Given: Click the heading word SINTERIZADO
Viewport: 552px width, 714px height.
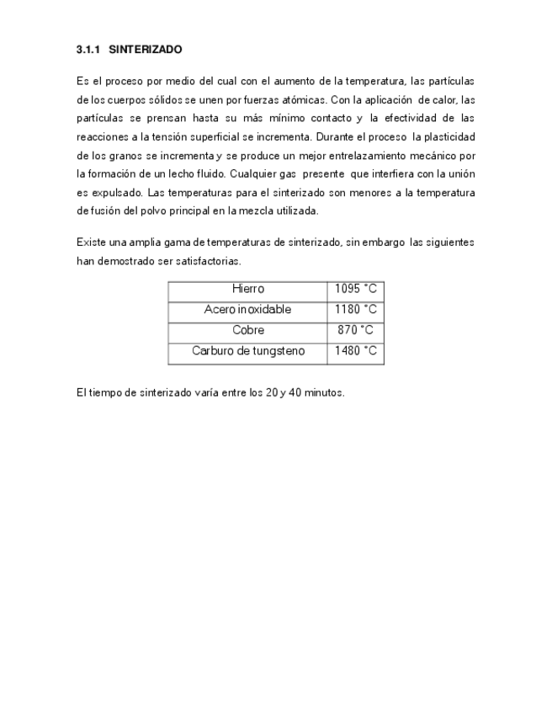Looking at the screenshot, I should click(146, 51).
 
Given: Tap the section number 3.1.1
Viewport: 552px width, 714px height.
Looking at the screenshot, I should click(88, 51).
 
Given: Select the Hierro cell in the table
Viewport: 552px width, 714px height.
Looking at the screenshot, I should click(247, 289).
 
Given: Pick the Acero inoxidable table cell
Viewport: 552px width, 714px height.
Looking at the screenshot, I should click(247, 309).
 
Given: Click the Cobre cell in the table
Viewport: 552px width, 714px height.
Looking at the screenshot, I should click(247, 330).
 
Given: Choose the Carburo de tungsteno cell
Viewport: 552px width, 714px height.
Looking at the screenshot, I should click(247, 350).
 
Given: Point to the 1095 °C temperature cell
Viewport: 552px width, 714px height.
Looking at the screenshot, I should click(355, 289).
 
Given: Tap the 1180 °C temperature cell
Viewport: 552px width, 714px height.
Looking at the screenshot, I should click(355, 309).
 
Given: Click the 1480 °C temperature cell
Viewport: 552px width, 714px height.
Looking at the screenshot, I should click(355, 350).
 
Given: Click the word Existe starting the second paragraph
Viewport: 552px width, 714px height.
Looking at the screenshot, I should click(90, 242).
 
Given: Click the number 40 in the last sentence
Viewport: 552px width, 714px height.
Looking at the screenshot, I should click(295, 393).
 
